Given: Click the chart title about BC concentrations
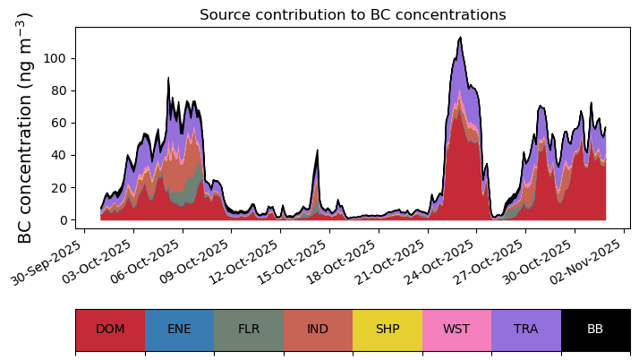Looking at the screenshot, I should [x=353, y=15].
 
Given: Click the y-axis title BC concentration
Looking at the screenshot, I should [x=25, y=127].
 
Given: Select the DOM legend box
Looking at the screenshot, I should [x=110, y=329].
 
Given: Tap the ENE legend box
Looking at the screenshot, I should [x=179, y=329].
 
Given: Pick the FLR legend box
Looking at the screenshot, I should [x=249, y=329].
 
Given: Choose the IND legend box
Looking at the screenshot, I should [x=318, y=329].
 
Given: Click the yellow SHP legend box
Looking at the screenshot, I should [x=388, y=329].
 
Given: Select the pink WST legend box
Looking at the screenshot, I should [x=456, y=329].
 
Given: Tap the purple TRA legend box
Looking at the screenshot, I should [x=526, y=329].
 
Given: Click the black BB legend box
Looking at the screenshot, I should [x=595, y=329].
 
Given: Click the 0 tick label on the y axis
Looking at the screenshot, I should [x=64, y=219].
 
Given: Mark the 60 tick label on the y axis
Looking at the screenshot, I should [x=60, y=123].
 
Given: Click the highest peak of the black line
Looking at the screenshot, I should [x=460, y=38].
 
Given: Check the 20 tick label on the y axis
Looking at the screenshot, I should [x=60, y=187].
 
